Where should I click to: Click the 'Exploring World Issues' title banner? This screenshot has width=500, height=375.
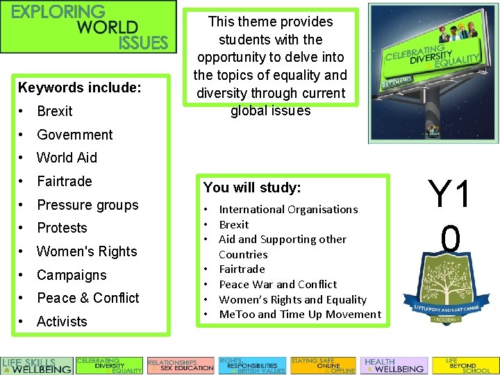pyautogui.click(x=88, y=27)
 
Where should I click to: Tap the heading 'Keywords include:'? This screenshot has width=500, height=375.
pyautogui.click(x=79, y=88)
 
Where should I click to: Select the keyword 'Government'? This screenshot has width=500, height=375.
pyautogui.click(x=74, y=135)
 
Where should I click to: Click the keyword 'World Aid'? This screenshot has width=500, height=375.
pyautogui.click(x=67, y=158)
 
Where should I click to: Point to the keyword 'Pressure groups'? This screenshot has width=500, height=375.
pyautogui.click(x=87, y=205)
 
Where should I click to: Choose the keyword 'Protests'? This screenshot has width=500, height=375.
pyautogui.click(x=62, y=228)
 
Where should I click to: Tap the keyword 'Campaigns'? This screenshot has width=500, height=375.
pyautogui.click(x=72, y=275)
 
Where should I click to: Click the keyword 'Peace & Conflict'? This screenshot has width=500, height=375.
pyautogui.click(x=87, y=298)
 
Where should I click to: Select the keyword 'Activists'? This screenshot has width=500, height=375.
pyautogui.click(x=62, y=322)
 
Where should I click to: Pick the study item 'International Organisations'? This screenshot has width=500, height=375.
pyautogui.click(x=288, y=209)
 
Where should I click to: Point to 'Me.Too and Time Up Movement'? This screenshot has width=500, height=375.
pyautogui.click(x=300, y=315)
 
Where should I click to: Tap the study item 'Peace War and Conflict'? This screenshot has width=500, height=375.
pyautogui.click(x=278, y=284)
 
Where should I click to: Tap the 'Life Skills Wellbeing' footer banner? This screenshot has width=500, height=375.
pyautogui.click(x=37, y=365)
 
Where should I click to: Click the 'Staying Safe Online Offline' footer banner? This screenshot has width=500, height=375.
pyautogui.click(x=322, y=365)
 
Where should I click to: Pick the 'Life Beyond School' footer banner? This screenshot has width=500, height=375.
pyautogui.click(x=465, y=365)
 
